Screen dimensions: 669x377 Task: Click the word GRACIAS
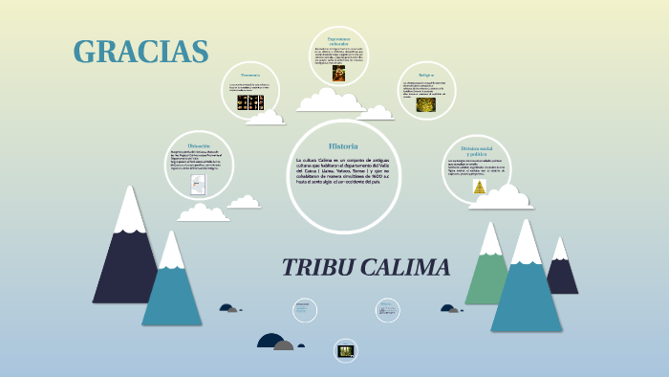140,52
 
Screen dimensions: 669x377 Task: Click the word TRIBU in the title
320,268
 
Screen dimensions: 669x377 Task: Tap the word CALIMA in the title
405,268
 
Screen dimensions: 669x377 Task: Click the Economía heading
250,75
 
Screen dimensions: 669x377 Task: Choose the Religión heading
426,74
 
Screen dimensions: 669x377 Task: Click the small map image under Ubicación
198,184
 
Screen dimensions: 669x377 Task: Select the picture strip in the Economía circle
249,101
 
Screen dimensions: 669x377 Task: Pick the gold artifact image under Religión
425,105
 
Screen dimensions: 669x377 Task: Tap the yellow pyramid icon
479,188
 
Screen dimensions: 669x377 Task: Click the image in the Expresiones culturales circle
338,74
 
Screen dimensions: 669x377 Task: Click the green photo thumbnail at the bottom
345,350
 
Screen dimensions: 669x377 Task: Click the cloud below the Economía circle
266,117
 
